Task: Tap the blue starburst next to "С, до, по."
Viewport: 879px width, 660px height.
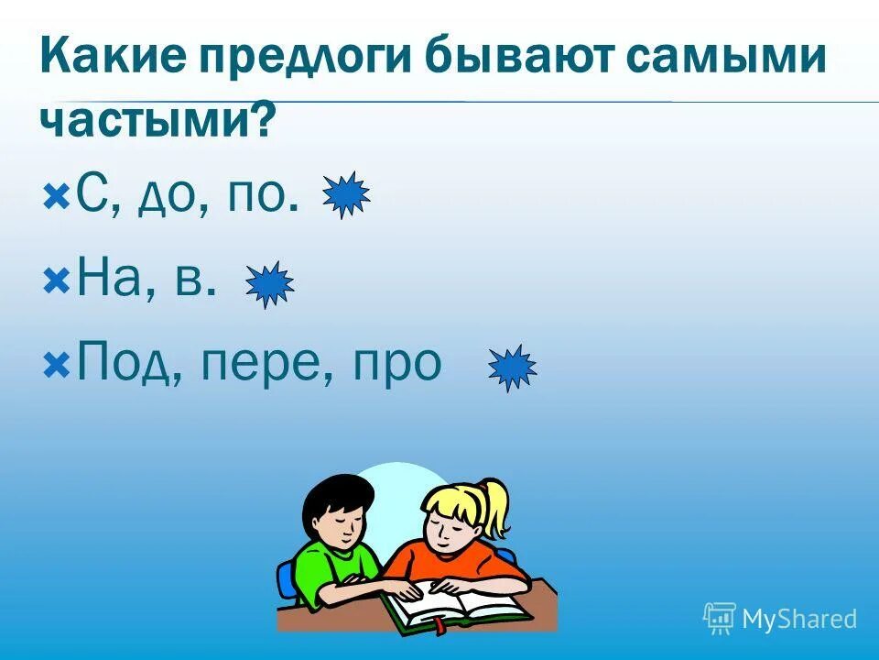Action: coord(346,194)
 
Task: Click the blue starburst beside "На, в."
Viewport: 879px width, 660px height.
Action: coord(269,284)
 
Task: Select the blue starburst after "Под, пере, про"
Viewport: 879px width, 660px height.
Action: coord(512,368)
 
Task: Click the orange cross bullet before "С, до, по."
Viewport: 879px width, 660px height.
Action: coord(56,195)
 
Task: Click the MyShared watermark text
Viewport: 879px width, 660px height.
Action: coord(798,619)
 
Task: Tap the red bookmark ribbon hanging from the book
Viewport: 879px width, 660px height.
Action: coord(439,627)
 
